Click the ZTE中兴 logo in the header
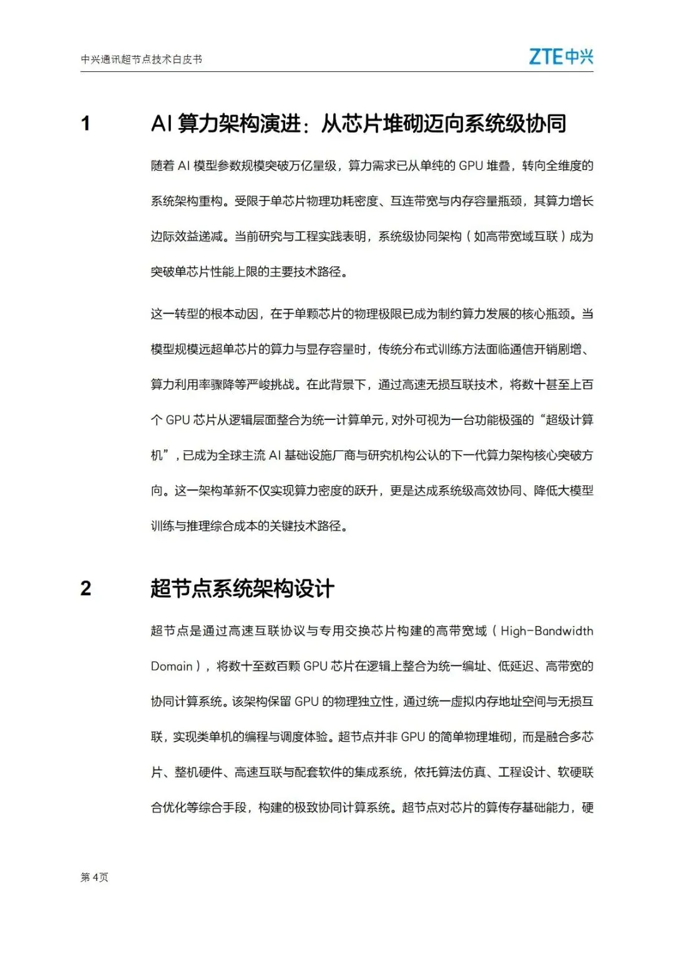[x=560, y=57]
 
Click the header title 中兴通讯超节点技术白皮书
[x=142, y=59]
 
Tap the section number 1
[x=86, y=124]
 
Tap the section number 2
[x=86, y=589]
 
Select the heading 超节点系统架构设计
[x=242, y=589]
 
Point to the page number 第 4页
[x=94, y=877]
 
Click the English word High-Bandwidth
[x=547, y=631]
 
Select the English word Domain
[x=172, y=667]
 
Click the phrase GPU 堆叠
[x=484, y=166]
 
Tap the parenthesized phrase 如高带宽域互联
[x=515, y=237]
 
